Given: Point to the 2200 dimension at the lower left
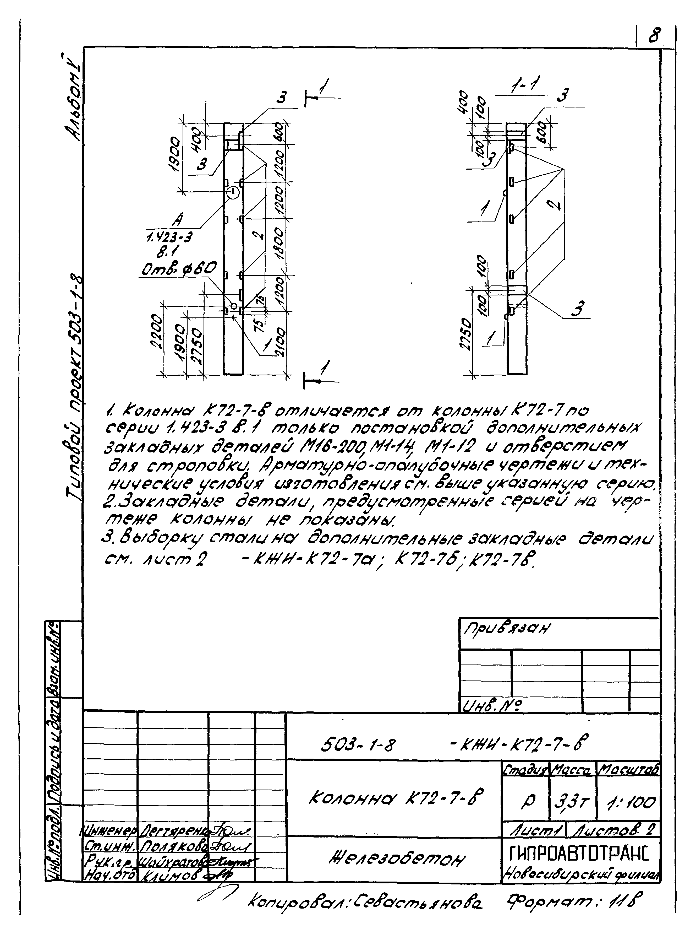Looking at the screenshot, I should point(156,332).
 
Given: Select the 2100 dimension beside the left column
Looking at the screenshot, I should point(280,343).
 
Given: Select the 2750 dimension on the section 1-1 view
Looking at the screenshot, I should point(464,336).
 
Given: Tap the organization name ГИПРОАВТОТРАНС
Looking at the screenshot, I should point(579,852).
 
